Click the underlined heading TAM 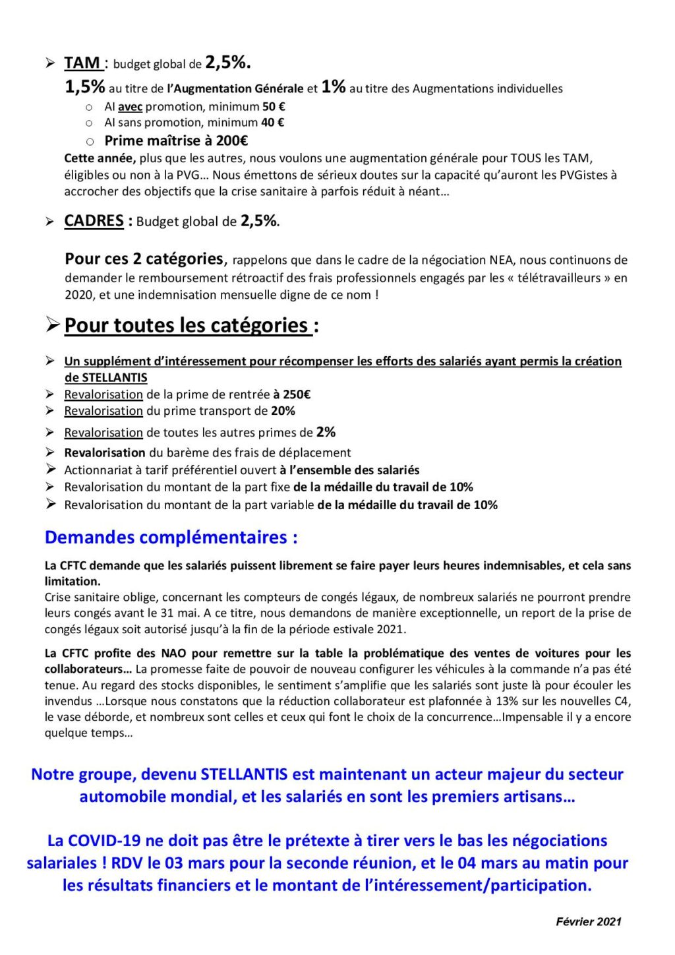point(82,63)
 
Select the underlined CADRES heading point(94,221)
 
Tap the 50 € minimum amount point(274,107)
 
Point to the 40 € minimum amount point(272,123)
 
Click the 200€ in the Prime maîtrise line point(232,140)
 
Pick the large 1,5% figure point(85,87)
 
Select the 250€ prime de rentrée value point(297,394)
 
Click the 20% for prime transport point(283,411)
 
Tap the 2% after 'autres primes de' point(326,432)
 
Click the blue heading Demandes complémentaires point(171,538)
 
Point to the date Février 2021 point(589,921)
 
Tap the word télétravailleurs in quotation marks point(563,278)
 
